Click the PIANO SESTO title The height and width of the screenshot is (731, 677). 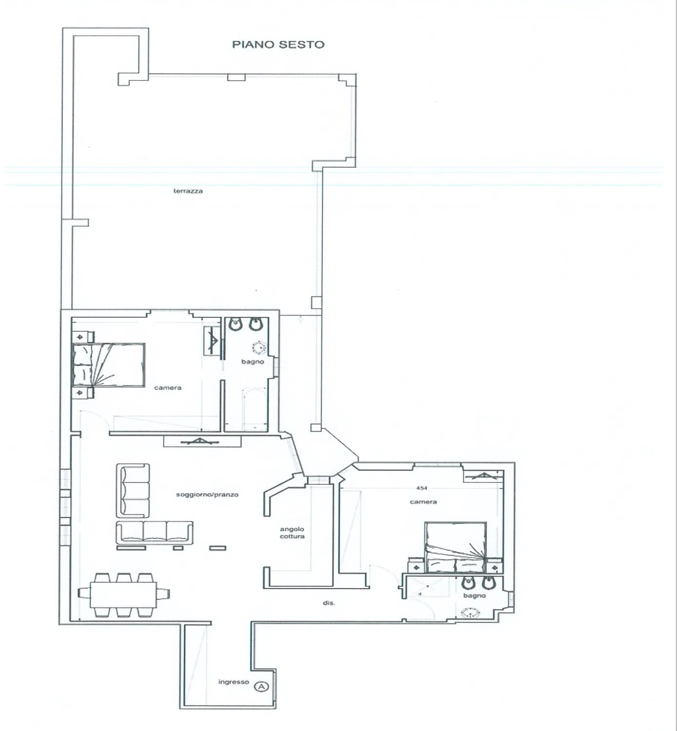[x=278, y=44]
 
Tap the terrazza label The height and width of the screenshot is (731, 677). [x=188, y=191]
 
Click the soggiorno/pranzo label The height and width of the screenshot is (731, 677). [x=207, y=495]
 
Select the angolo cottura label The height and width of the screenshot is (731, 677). [x=292, y=533]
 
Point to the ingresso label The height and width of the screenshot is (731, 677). [x=234, y=682]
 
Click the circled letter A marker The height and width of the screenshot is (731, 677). [x=262, y=687]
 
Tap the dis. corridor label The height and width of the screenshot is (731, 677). [x=329, y=603]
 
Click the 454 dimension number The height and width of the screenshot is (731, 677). [x=422, y=488]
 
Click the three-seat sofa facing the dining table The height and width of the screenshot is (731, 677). [x=155, y=533]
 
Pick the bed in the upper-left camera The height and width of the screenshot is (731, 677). [x=108, y=365]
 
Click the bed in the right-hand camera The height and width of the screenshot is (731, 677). [x=456, y=547]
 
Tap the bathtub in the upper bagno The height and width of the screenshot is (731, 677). [x=254, y=410]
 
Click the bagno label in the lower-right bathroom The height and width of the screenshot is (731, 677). [x=475, y=596]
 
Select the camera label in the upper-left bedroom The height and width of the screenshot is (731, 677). [x=168, y=387]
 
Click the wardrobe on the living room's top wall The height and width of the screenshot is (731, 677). [x=202, y=442]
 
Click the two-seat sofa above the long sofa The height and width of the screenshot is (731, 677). [x=133, y=491]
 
